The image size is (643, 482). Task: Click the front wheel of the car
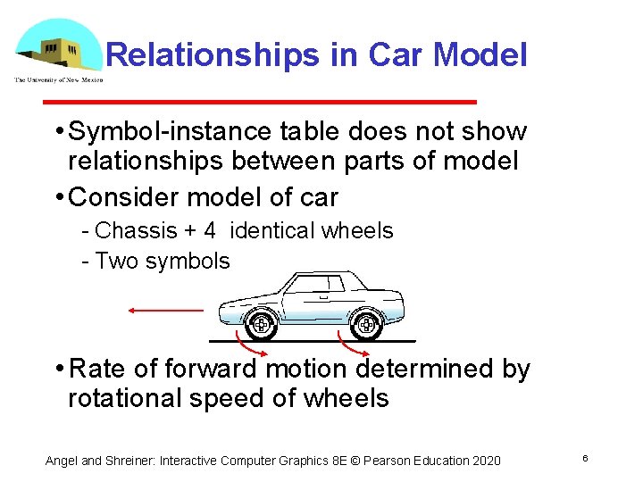(260, 324)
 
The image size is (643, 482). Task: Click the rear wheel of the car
(365, 324)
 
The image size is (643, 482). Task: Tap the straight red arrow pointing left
(165, 310)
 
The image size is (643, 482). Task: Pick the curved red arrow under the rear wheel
(351, 344)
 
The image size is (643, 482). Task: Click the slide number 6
(584, 459)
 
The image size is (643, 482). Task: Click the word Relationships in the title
(211, 55)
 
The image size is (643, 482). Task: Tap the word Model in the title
(480, 55)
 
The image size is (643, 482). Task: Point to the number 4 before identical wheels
(209, 230)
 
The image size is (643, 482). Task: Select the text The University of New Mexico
(58, 80)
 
